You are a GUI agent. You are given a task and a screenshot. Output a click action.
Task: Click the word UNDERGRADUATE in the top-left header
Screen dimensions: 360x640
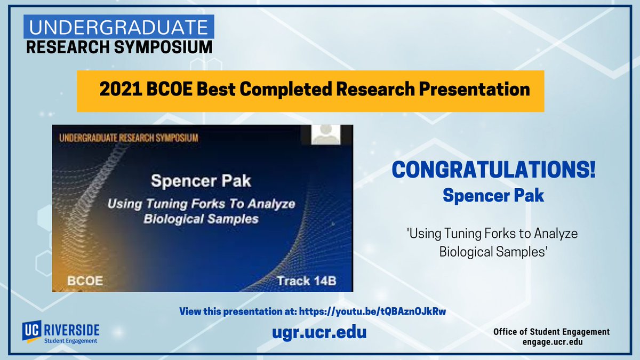pos(118,27)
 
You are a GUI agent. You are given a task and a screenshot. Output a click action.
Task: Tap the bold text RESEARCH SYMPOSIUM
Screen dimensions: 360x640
pos(119,47)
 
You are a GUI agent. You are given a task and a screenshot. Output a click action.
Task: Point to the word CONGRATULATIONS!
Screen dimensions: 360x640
pos(493,172)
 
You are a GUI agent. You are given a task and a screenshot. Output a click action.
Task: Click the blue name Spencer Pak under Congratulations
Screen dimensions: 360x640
pos(493,195)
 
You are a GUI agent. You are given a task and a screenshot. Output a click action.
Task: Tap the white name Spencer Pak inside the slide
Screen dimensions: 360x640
pos(201,180)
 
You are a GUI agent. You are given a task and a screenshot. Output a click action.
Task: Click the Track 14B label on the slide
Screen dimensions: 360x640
pos(306,281)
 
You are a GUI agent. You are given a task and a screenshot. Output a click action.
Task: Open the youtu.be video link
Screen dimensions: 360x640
pos(372,311)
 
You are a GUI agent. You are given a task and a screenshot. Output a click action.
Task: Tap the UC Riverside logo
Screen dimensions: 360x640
pos(60,329)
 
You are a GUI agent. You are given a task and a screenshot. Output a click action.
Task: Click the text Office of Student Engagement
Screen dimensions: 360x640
pos(551,332)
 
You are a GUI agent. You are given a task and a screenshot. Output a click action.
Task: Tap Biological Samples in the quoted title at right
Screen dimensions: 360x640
pos(493,251)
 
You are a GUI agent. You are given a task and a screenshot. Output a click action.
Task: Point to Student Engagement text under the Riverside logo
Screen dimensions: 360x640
pos(70,340)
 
